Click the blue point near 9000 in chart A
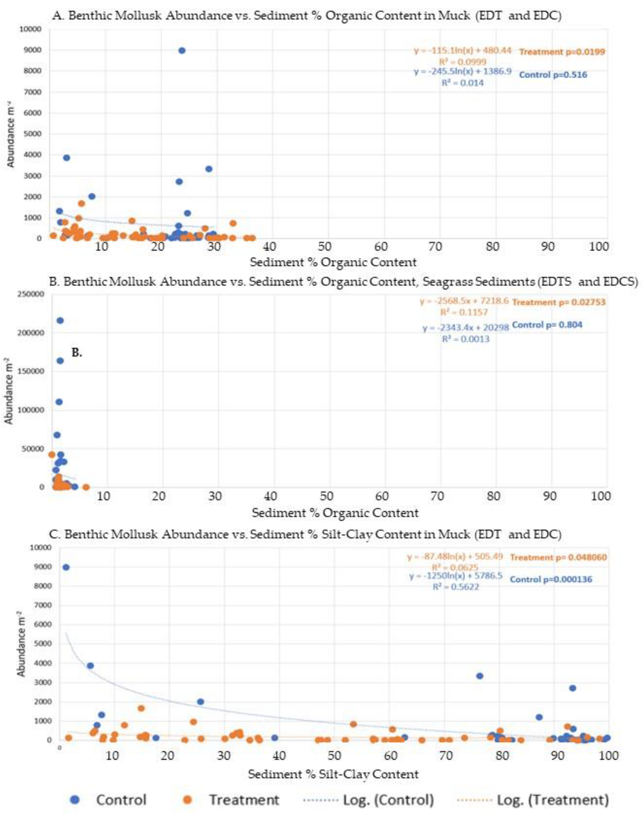[182, 51]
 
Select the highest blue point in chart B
[60, 321]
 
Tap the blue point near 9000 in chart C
[66, 567]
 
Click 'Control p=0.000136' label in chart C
[551, 579]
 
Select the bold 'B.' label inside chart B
[77, 353]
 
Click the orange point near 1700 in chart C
[141, 708]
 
